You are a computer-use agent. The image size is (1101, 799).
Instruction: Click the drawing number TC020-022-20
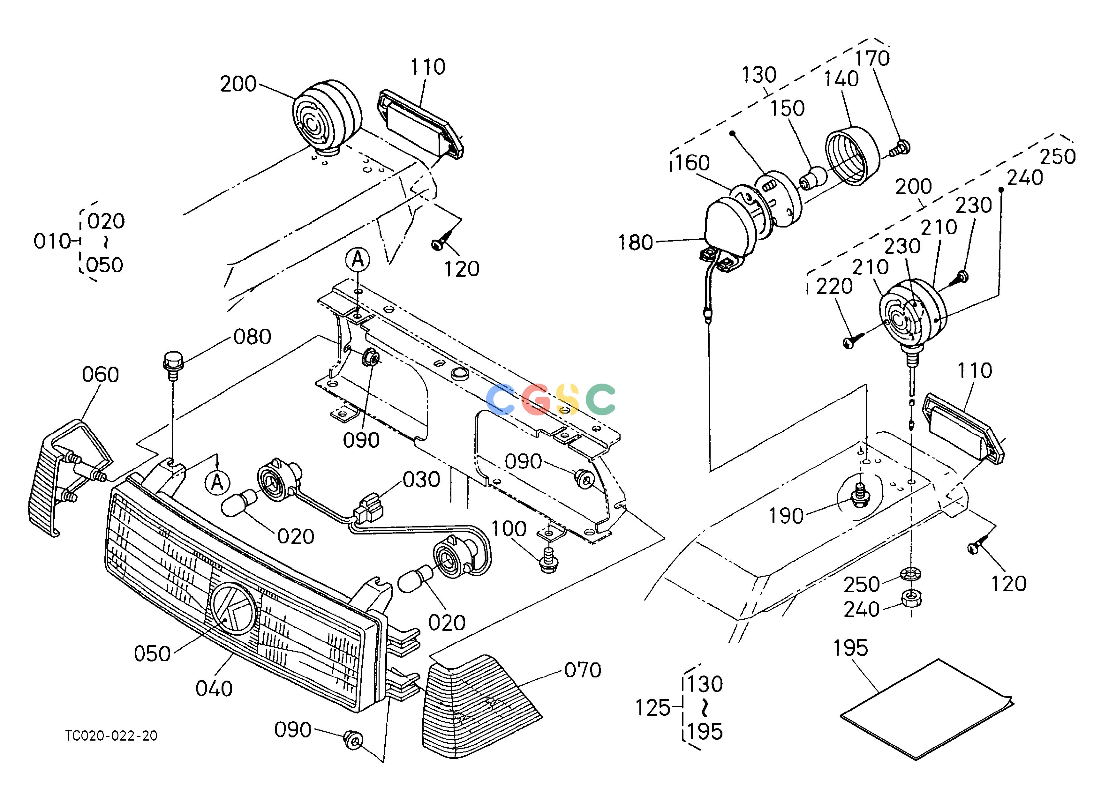[x=112, y=736]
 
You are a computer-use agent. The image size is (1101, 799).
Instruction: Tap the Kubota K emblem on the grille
[x=234, y=609]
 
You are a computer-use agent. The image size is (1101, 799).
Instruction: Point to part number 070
[x=583, y=670]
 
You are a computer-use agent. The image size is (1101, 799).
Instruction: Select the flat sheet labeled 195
[x=927, y=709]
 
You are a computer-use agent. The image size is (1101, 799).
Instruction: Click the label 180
[x=636, y=243]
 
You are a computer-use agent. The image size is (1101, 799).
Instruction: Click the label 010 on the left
[x=52, y=241]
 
